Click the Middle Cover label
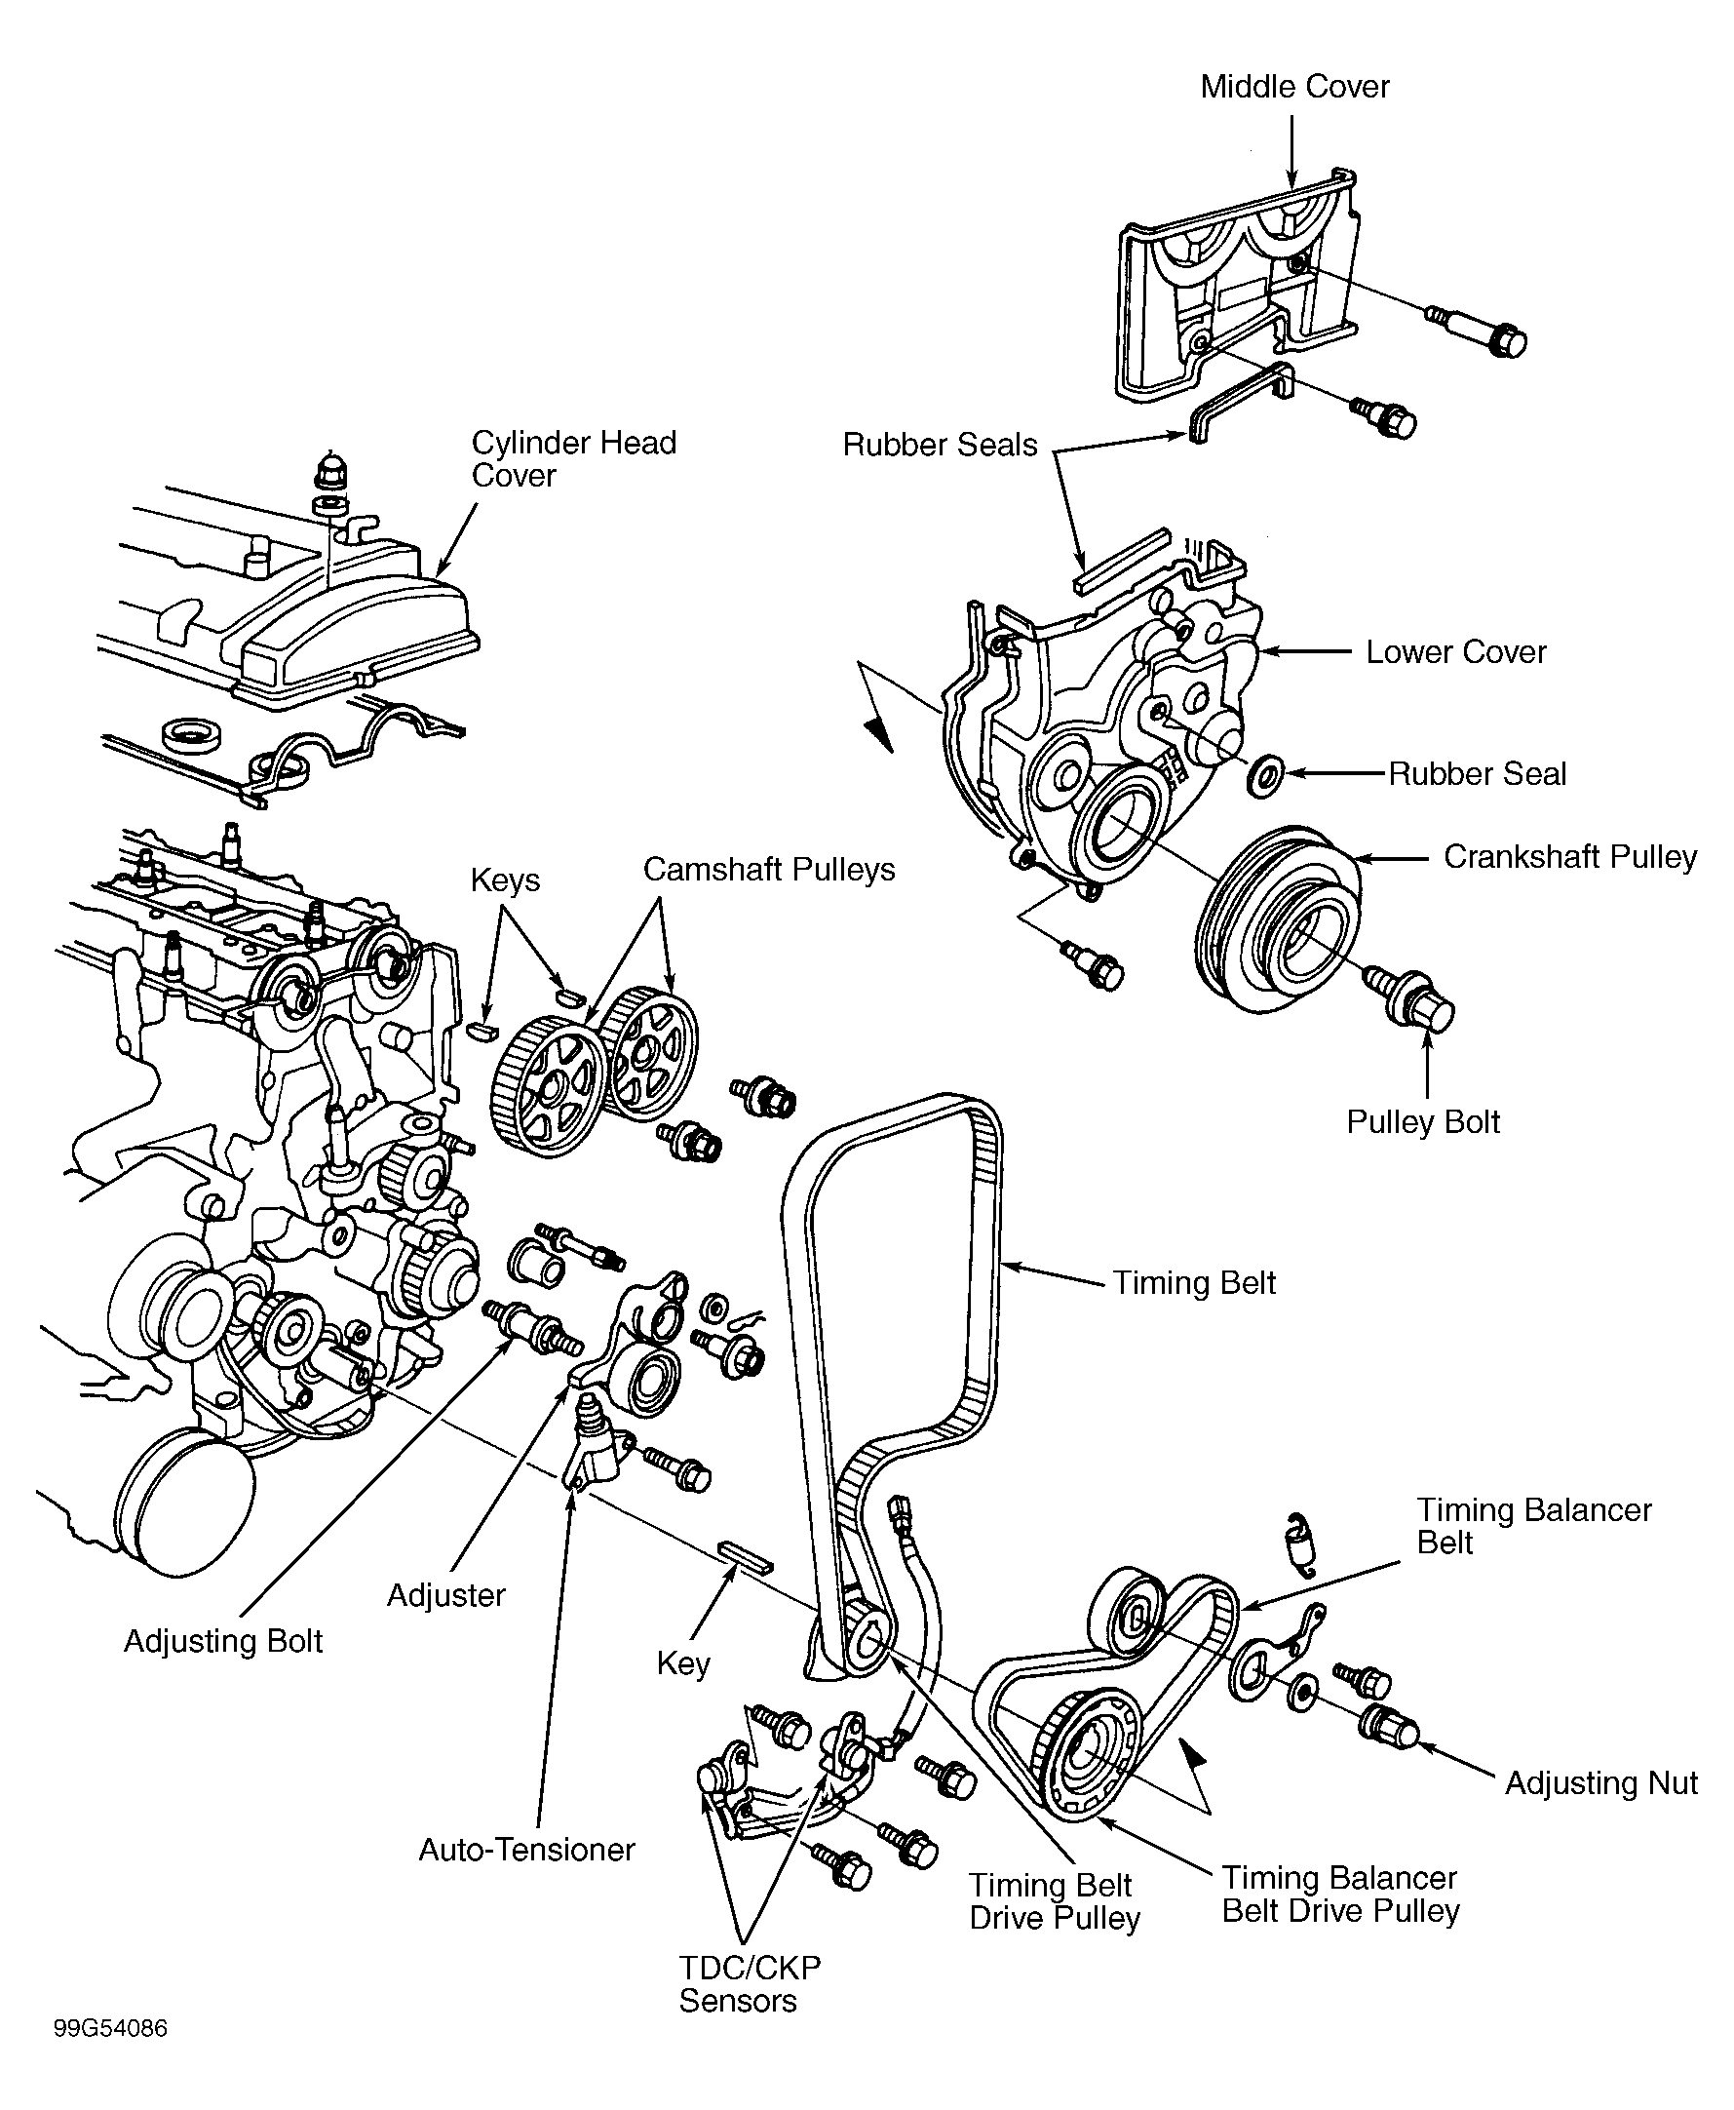(x=1293, y=87)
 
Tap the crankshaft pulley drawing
(x=1279, y=919)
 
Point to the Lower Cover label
(x=1455, y=652)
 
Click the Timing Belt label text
(x=1194, y=1283)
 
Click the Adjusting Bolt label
(x=223, y=1641)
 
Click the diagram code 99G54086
(x=110, y=2029)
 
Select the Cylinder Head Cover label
(x=572, y=458)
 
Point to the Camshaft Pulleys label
(x=768, y=869)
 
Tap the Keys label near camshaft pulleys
(x=505, y=880)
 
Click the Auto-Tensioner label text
(x=526, y=1850)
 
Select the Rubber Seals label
(x=940, y=445)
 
